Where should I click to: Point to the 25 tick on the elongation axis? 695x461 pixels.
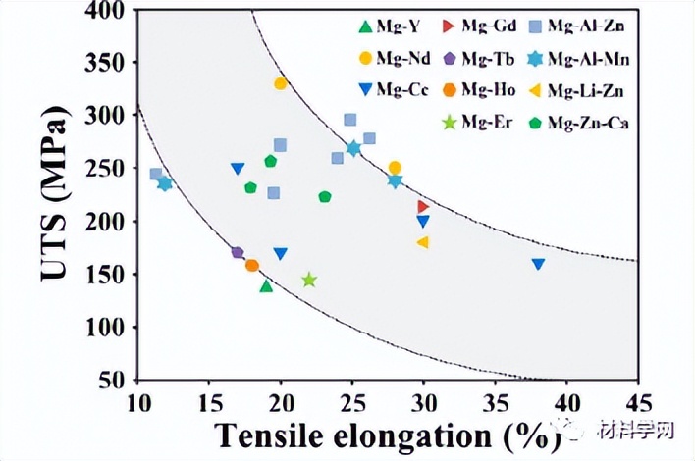(352, 403)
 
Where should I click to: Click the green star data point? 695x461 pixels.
(309, 281)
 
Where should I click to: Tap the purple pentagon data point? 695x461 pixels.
(238, 252)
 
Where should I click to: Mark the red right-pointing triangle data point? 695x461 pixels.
(423, 206)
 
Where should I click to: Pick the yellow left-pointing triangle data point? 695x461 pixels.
(422, 242)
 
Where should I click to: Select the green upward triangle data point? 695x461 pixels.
(266, 285)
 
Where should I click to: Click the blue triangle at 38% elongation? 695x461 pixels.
(538, 264)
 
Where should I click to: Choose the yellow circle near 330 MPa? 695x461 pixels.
(281, 83)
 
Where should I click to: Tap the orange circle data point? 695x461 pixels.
(252, 265)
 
